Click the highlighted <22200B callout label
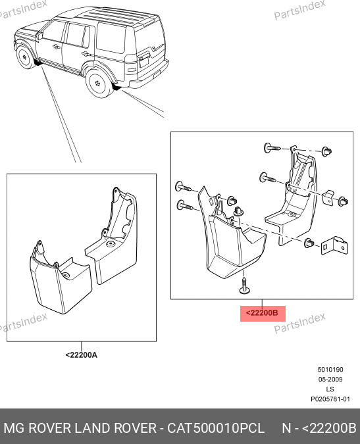click(x=263, y=313)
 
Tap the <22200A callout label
click(x=82, y=355)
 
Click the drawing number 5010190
click(x=330, y=370)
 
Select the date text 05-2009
click(x=330, y=380)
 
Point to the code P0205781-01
click(x=330, y=399)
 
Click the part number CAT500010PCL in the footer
click(x=216, y=428)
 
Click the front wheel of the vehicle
click(x=24, y=57)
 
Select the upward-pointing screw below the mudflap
click(x=244, y=285)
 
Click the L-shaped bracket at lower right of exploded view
click(x=334, y=245)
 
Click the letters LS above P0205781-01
click(x=330, y=389)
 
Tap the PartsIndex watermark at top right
click(x=299, y=10)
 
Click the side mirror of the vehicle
click(x=39, y=36)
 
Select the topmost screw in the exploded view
click(x=272, y=148)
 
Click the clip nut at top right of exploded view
click(x=327, y=151)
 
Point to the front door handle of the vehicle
click(x=55, y=46)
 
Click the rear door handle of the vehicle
click(x=85, y=53)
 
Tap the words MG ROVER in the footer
click(x=38, y=428)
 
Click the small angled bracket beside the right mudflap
click(x=328, y=197)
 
